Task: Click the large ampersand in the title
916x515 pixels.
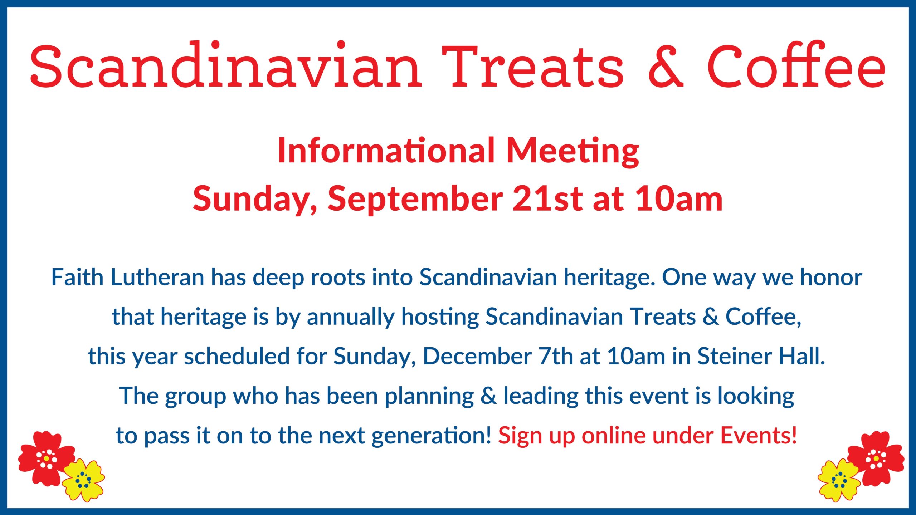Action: point(666,66)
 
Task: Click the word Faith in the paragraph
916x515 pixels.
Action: point(77,277)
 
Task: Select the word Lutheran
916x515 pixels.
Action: point(157,277)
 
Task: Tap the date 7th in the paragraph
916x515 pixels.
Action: point(556,357)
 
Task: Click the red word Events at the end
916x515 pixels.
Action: point(759,435)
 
